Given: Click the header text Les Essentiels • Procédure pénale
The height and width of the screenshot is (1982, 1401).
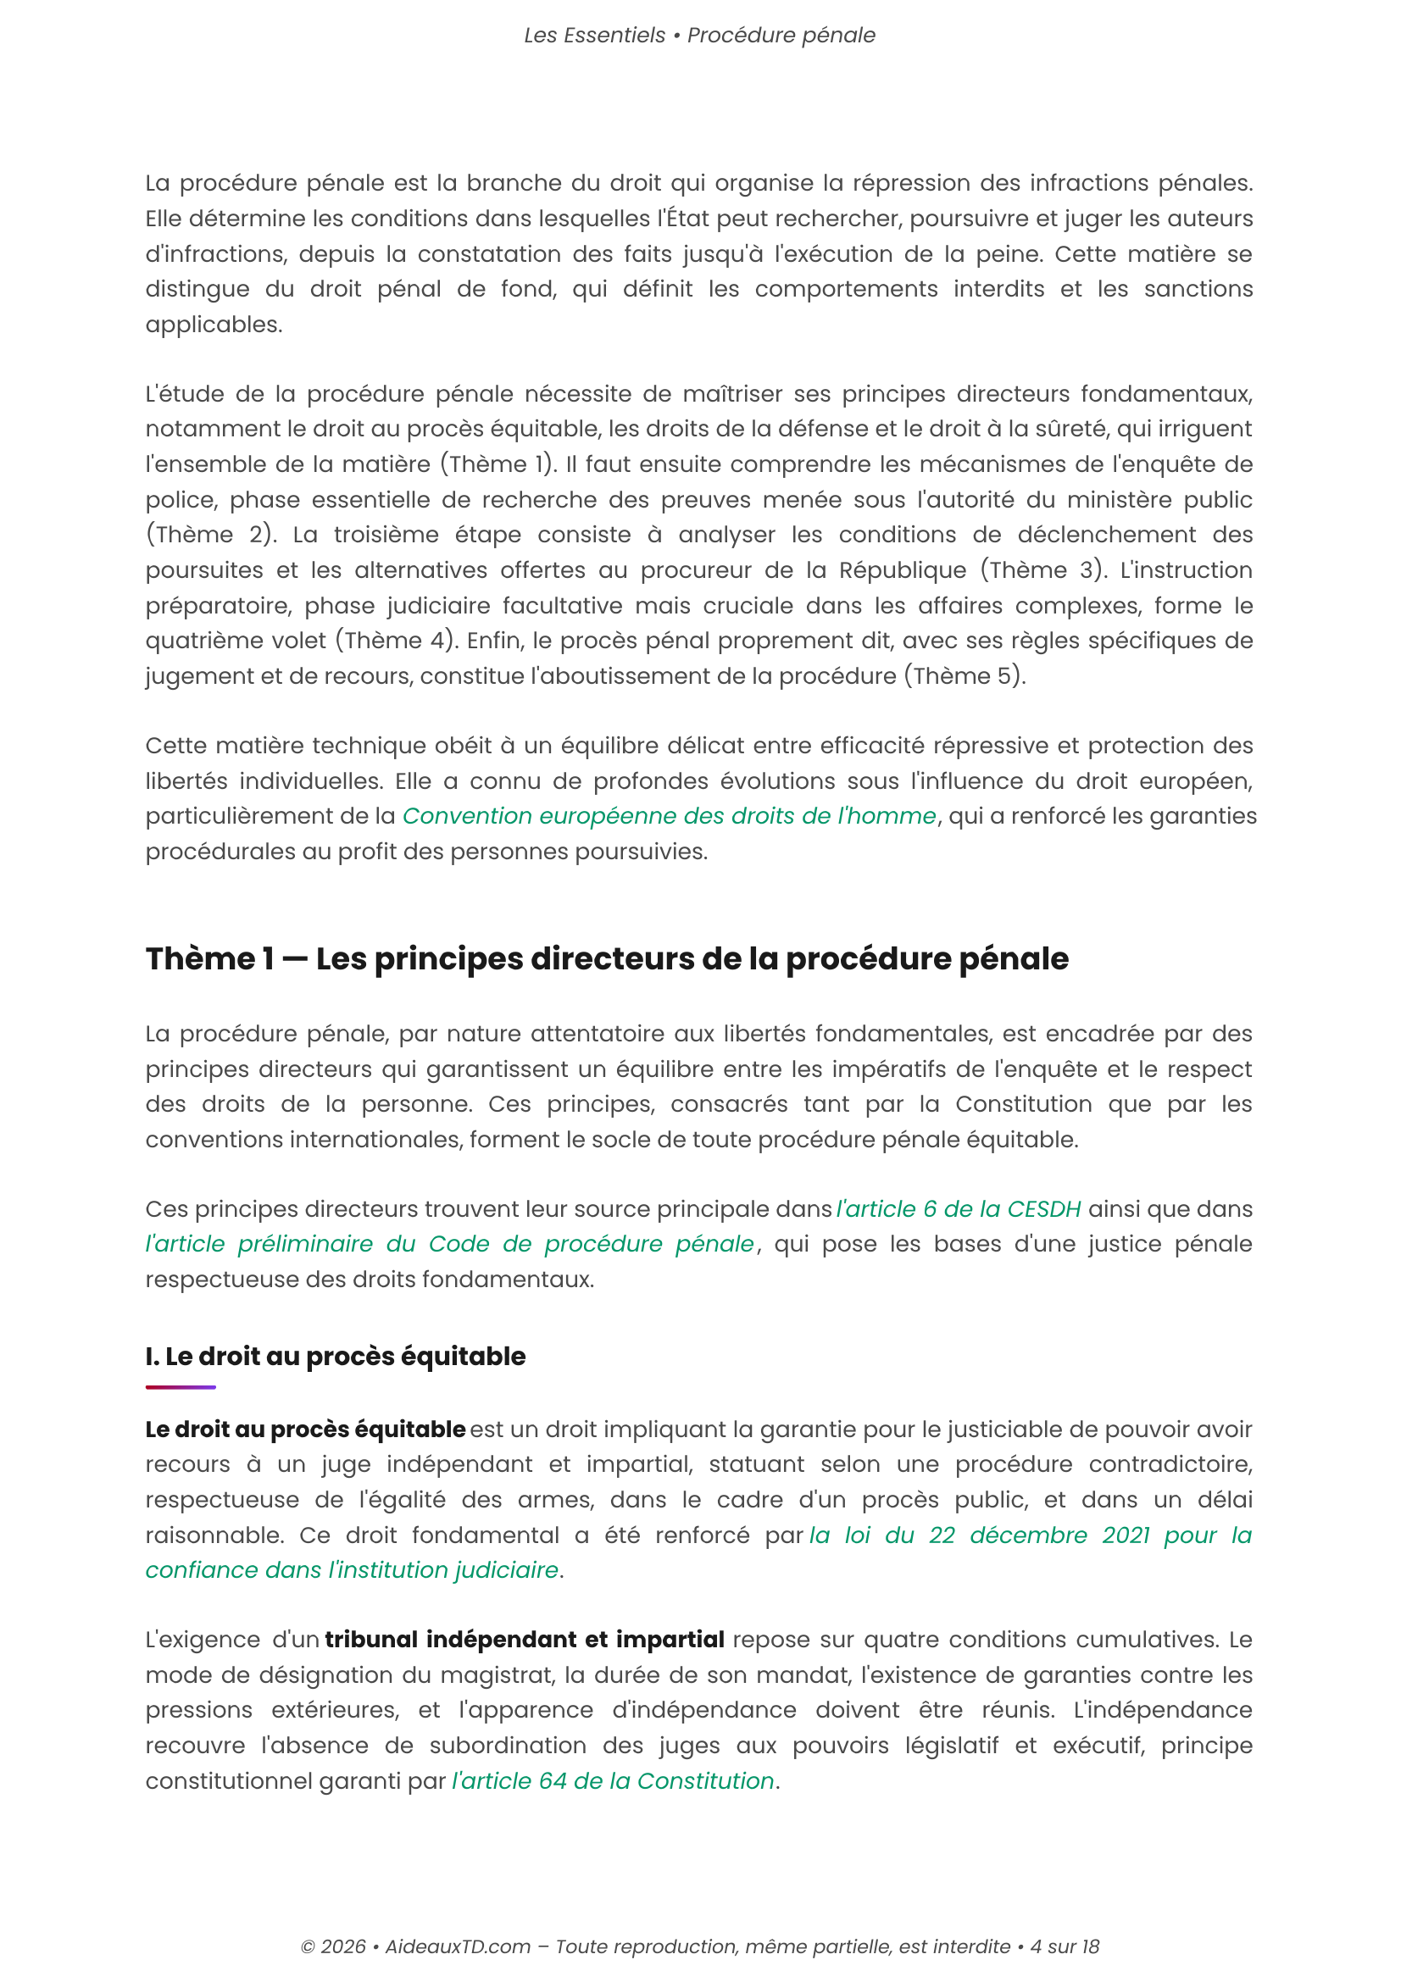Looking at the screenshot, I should pyautogui.click(x=699, y=36).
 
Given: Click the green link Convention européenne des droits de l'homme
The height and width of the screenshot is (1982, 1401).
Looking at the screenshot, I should pyautogui.click(x=669, y=816).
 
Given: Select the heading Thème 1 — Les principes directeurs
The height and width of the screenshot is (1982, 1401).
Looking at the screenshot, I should pyautogui.click(x=607, y=959).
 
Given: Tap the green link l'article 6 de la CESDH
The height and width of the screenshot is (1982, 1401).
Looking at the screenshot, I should pyautogui.click(x=959, y=1208).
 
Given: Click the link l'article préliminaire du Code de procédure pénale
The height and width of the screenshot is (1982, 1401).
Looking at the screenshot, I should pyautogui.click(x=449, y=1244).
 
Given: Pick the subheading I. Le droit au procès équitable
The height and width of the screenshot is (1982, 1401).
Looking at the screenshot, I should pyautogui.click(x=335, y=1356).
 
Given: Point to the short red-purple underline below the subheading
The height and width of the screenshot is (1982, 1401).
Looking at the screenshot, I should pyautogui.click(x=181, y=1387).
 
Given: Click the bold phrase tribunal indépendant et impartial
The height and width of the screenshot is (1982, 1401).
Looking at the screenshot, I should pyautogui.click(x=524, y=1640).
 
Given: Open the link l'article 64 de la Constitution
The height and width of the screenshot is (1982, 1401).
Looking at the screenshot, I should pyautogui.click(x=613, y=1781).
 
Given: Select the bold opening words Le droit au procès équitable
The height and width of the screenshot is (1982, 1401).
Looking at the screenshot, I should pyautogui.click(x=306, y=1430).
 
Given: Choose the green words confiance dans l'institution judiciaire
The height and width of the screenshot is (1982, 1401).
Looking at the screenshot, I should pyautogui.click(x=353, y=1570).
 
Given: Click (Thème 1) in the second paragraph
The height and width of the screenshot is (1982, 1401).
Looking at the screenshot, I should pyautogui.click(x=498, y=464).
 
